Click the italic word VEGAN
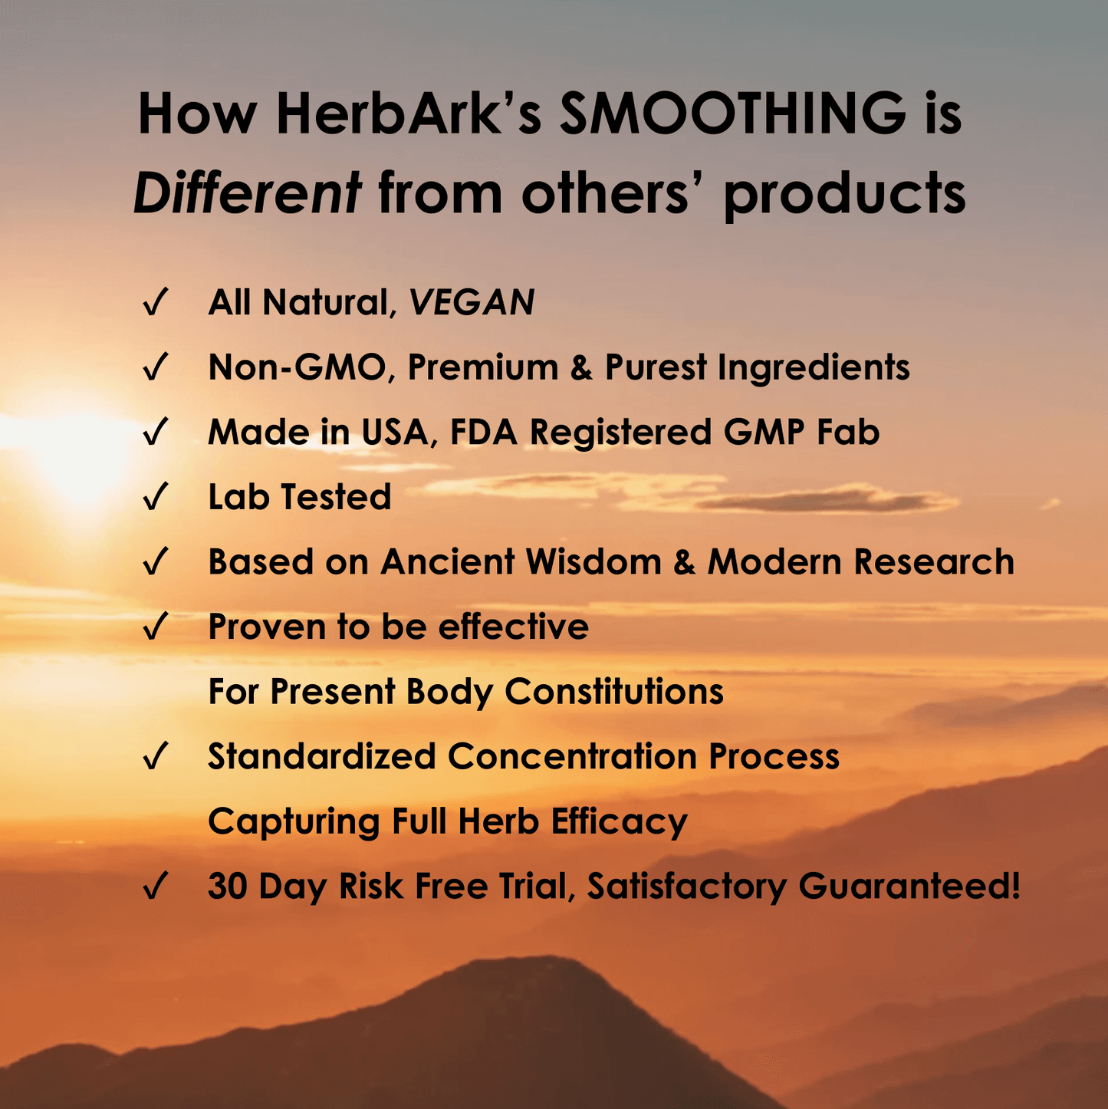[x=472, y=301]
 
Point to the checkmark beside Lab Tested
[x=155, y=496]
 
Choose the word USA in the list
[x=395, y=432]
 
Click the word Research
[x=934, y=561]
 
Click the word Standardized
[x=322, y=755]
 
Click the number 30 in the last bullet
[x=227, y=886]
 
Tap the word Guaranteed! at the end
[x=909, y=886]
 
